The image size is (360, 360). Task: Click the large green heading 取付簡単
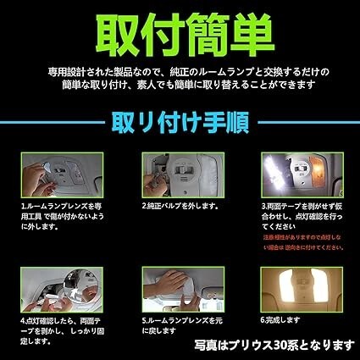click(179, 32)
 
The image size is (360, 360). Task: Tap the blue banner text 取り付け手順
click(179, 125)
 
